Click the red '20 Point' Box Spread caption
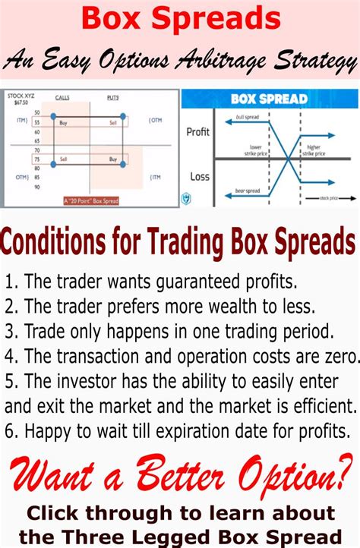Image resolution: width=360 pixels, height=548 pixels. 92,200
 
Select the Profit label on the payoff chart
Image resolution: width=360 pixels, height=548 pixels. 197,132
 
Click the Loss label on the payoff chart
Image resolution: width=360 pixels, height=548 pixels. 197,177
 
